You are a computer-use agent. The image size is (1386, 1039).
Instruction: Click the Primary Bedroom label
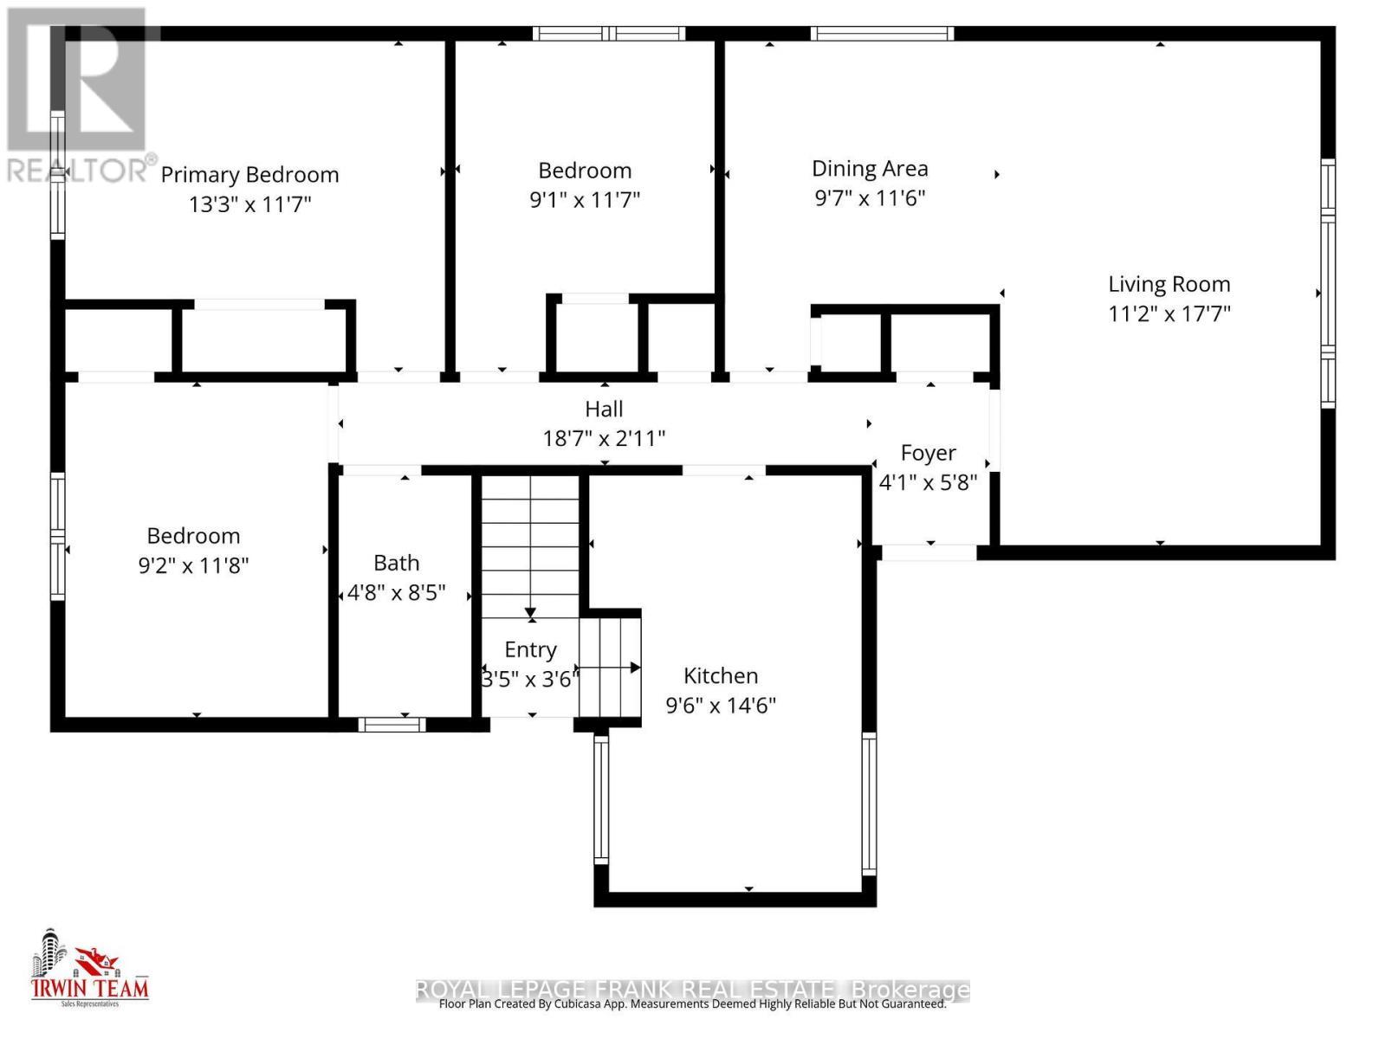(x=249, y=175)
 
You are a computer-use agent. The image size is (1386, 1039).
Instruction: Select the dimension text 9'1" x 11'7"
(x=585, y=200)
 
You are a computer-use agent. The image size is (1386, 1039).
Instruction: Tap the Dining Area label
(x=870, y=169)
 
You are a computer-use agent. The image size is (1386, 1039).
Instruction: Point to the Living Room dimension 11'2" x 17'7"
(x=1169, y=313)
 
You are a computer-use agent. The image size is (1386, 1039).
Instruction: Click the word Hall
(x=604, y=409)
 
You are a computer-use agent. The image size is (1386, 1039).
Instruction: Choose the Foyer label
(x=928, y=453)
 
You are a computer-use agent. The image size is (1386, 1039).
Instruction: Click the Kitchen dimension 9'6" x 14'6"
(x=720, y=706)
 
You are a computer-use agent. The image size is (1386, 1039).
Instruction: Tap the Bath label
(x=396, y=563)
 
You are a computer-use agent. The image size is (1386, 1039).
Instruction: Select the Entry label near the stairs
(x=530, y=649)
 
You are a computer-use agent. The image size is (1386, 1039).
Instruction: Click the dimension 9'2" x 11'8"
(x=193, y=565)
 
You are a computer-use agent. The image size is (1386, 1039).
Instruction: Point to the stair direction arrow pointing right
(x=633, y=668)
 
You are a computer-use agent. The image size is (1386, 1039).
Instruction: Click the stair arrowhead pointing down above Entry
(x=531, y=615)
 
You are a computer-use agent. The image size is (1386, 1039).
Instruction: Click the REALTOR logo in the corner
(x=78, y=95)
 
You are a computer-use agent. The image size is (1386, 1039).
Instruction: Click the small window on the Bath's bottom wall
(x=392, y=725)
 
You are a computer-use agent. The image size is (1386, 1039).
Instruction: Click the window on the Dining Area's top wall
(x=882, y=34)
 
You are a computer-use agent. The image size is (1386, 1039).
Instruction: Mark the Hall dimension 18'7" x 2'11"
(x=604, y=438)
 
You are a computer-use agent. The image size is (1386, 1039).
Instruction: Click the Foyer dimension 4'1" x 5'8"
(x=928, y=482)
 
